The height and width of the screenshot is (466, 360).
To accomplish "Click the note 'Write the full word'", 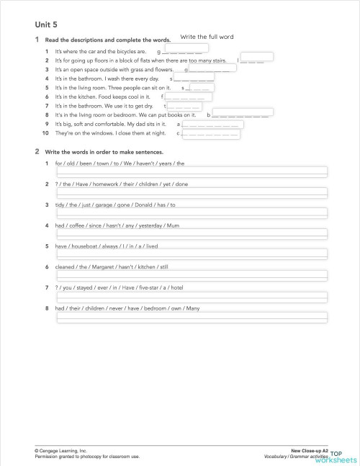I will pyautogui.click(x=207, y=37).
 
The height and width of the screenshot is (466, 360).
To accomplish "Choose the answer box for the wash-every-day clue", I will pyautogui.click(x=194, y=79).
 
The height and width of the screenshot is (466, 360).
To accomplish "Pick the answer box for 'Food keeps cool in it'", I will pyautogui.click(x=189, y=96).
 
